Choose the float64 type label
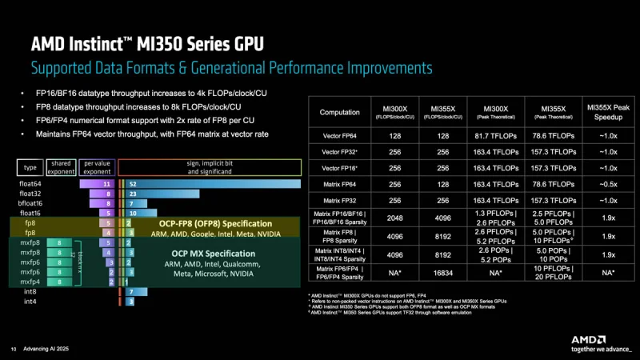tap(31, 183)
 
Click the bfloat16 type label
tap(31, 203)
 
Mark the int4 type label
tap(30, 302)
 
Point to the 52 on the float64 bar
tap(132, 183)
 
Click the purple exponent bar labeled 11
tap(106, 183)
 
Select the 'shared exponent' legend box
tap(62, 166)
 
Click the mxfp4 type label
tap(30, 282)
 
